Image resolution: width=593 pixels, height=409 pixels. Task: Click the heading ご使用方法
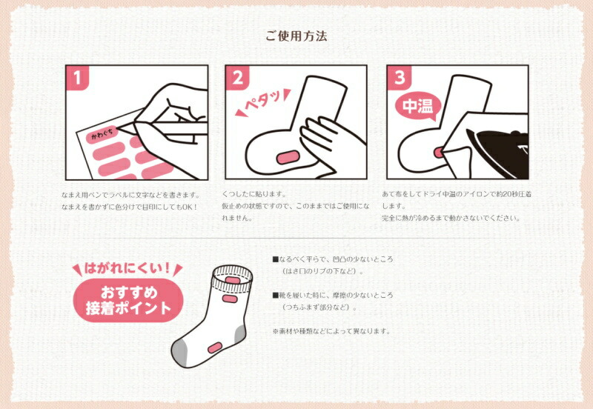click(296, 36)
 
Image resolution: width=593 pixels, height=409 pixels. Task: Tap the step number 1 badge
click(77, 78)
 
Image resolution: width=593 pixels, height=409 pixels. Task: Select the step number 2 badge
click(237, 78)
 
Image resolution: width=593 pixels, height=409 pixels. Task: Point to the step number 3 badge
click(399, 78)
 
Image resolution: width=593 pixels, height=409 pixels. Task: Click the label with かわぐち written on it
click(102, 134)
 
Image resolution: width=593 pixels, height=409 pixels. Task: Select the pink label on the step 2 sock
click(288, 157)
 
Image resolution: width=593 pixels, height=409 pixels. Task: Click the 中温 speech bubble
click(417, 106)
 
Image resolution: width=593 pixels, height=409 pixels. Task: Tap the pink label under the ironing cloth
click(439, 153)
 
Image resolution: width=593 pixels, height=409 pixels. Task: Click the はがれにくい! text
click(127, 268)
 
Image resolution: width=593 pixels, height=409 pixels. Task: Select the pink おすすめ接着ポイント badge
click(127, 301)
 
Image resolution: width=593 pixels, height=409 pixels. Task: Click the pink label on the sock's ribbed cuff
click(231, 280)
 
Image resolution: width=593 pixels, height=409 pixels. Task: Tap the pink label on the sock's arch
click(214, 348)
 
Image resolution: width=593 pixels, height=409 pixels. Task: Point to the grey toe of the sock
click(179, 352)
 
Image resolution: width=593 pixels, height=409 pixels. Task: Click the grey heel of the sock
click(239, 334)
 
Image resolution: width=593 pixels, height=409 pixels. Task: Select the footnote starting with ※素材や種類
click(331, 331)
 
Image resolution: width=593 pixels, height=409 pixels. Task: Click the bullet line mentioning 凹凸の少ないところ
click(333, 259)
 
